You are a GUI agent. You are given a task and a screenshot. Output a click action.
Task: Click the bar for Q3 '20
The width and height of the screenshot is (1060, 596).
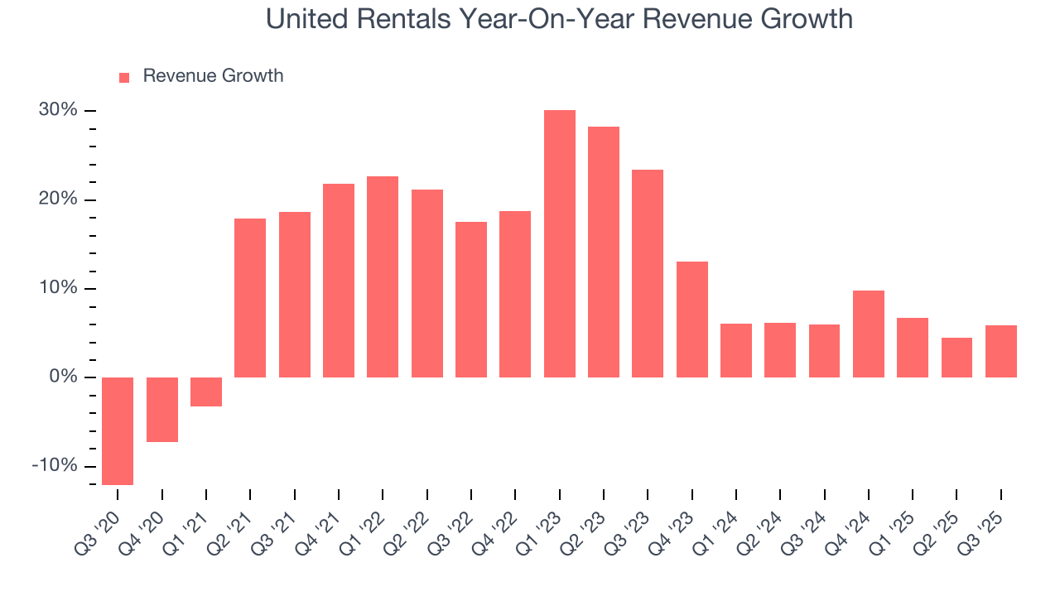(118, 430)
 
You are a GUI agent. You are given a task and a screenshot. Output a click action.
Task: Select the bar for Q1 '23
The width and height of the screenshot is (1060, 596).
(560, 243)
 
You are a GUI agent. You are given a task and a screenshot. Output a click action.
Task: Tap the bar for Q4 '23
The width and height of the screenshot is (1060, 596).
(692, 320)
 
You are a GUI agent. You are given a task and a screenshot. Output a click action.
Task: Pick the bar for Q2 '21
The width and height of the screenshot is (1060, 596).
(250, 298)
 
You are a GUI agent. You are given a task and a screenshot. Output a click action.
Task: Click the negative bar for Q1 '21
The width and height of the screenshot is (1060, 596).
(206, 392)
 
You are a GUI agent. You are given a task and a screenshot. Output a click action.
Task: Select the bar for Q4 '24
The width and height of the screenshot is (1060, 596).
(869, 334)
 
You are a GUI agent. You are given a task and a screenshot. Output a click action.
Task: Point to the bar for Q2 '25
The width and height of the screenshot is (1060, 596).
(956, 358)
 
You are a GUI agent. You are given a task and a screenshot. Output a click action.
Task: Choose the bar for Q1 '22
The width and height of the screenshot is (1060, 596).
(383, 276)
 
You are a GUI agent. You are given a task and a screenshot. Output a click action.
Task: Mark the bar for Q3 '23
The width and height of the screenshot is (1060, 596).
(648, 273)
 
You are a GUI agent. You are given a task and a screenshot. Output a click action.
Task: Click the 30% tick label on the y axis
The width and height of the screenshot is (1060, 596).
(58, 111)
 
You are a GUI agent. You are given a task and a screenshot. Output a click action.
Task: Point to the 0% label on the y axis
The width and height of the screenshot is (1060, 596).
(63, 377)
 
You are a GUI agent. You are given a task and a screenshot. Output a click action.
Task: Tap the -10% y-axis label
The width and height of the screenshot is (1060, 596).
(55, 466)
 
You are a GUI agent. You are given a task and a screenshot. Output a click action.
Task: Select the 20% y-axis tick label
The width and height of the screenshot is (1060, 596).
(58, 199)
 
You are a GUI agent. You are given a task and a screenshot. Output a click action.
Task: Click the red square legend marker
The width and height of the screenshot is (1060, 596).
(124, 77)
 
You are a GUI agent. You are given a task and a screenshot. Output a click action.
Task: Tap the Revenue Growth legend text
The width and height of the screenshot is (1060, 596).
(213, 76)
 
